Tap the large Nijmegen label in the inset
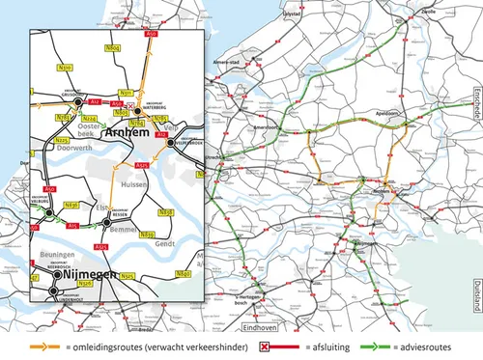pyautogui.click(x=90, y=275)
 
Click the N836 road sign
pyautogui.click(x=71, y=206)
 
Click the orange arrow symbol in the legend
pyautogui.click(x=40, y=345)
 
